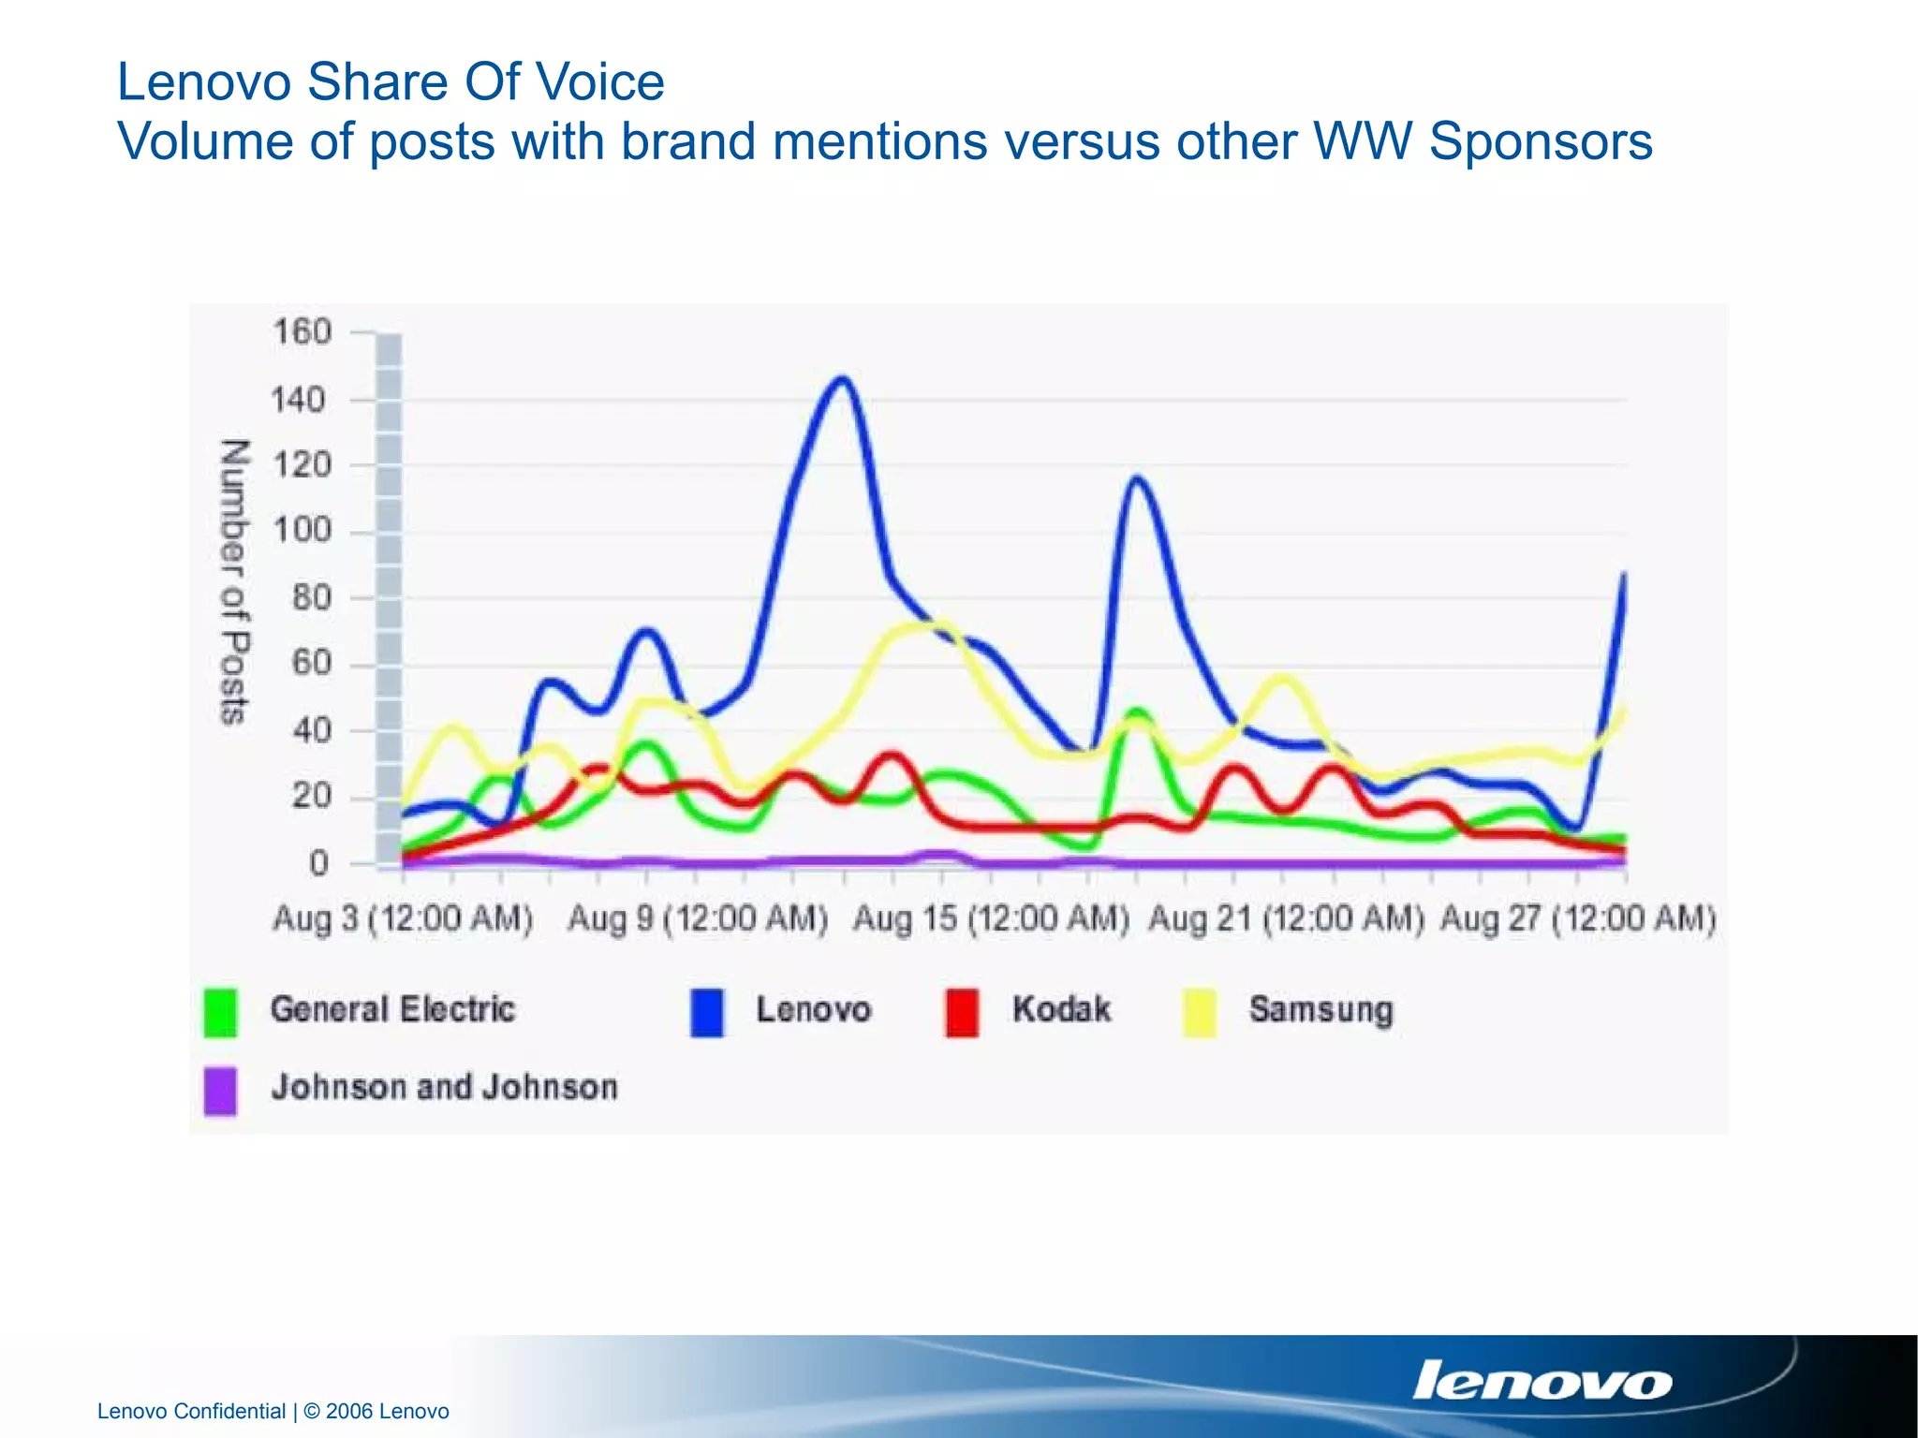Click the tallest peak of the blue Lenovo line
pyautogui.click(x=844, y=379)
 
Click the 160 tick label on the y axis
pyautogui.click(x=302, y=331)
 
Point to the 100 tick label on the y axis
pyautogui.click(x=302, y=531)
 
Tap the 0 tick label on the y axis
pyautogui.click(x=319, y=863)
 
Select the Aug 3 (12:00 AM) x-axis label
pyautogui.click(x=403, y=918)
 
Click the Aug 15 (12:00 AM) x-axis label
pyautogui.click(x=991, y=918)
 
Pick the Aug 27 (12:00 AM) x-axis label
pyautogui.click(x=1578, y=918)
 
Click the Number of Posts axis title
pyautogui.click(x=234, y=581)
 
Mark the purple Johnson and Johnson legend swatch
pyautogui.click(x=221, y=1091)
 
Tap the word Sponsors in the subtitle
pyautogui.click(x=1541, y=142)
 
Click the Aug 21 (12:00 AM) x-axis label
pyautogui.click(x=1286, y=918)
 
